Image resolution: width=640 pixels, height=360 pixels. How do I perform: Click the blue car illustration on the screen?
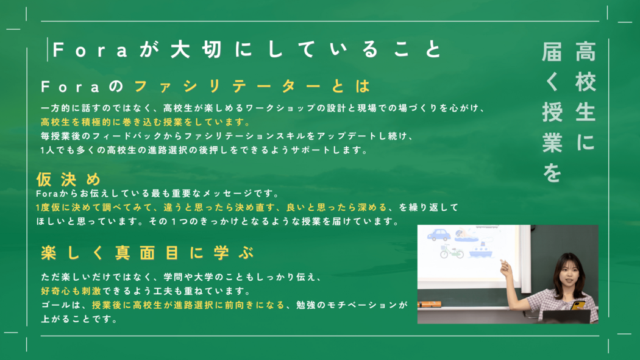click(439, 235)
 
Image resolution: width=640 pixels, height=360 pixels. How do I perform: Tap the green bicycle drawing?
click(452, 251)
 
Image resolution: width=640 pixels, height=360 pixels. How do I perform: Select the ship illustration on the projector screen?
click(481, 250)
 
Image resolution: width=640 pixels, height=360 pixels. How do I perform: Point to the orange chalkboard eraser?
click(429, 304)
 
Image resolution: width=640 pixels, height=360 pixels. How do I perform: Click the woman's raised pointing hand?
click(506, 268)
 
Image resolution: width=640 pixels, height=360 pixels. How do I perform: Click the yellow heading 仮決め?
click(68, 179)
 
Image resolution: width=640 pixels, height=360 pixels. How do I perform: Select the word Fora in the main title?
click(90, 50)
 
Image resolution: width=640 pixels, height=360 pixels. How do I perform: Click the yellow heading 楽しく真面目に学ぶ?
click(148, 253)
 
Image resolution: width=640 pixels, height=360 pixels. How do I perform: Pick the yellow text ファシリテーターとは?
click(252, 86)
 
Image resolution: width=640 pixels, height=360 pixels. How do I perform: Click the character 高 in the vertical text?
click(586, 51)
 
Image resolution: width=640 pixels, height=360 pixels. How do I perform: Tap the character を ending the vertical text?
click(552, 173)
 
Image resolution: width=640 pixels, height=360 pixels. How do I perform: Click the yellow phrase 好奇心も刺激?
click(71, 291)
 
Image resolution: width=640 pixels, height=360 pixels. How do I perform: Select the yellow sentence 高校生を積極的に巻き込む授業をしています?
click(145, 122)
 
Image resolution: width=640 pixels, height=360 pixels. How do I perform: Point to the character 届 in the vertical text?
click(552, 51)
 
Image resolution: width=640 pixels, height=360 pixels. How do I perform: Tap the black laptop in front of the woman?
click(566, 316)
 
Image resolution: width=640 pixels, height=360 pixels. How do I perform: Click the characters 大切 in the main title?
click(196, 50)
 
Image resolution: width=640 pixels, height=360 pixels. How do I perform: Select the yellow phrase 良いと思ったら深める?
click(336, 208)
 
